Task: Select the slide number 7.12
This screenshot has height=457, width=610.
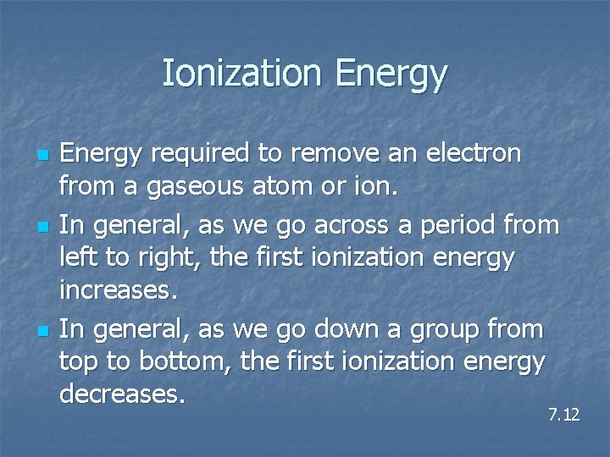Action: coord(563,415)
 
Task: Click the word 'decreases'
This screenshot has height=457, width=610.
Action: coord(121,394)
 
